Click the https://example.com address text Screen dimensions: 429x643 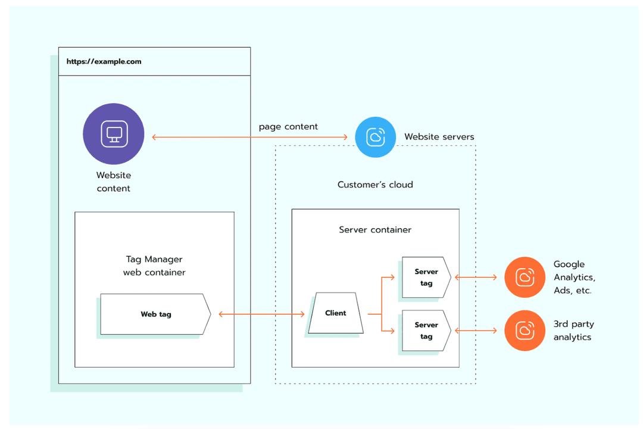point(104,61)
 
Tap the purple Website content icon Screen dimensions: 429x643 point(113,133)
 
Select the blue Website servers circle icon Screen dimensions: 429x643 point(375,137)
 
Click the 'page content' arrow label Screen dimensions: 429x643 point(288,127)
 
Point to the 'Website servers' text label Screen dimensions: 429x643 point(439,137)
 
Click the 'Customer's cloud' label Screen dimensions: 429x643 point(375,185)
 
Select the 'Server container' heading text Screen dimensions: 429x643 point(375,229)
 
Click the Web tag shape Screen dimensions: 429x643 point(155,314)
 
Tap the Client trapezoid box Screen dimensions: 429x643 point(335,313)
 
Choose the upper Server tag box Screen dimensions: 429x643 point(426,277)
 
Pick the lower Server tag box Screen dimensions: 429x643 point(426,330)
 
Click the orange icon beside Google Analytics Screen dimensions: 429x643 point(525,277)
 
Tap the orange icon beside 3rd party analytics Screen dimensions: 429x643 point(525,330)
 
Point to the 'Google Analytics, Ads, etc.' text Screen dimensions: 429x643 point(574,277)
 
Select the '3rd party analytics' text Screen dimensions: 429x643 point(573,331)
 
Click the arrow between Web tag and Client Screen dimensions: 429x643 point(262,314)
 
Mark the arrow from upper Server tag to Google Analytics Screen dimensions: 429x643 point(476,277)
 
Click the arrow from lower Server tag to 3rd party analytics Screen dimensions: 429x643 point(476,330)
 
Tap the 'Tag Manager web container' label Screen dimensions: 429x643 point(154,266)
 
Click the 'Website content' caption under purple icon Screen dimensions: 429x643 point(113,182)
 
